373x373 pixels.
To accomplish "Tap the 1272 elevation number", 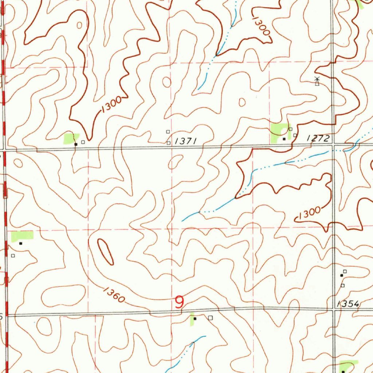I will (318, 138).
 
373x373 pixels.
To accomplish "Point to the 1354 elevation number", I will (348, 304).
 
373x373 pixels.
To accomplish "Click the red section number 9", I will (179, 302).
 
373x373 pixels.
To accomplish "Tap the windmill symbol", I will (317, 82).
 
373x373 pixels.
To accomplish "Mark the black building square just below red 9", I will (195, 318).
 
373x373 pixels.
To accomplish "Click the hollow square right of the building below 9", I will (210, 318).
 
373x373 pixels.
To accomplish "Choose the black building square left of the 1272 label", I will (284, 139).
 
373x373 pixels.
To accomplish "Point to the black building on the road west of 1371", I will (76, 144).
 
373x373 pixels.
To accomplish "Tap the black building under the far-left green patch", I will (21, 243).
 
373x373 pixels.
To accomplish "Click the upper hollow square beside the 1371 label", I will (168, 131).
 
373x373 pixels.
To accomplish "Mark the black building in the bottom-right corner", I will (343, 371).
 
